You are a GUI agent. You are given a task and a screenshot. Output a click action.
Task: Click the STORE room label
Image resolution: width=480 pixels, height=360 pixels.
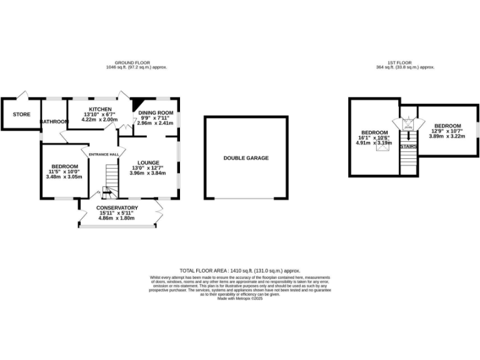point(22,114)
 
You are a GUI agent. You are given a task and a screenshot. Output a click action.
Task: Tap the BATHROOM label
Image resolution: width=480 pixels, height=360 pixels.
point(54,121)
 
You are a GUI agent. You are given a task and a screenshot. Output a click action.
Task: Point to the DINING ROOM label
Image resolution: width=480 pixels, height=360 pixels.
point(156,112)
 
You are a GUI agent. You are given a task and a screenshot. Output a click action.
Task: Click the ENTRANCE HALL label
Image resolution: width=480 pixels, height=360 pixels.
point(104,154)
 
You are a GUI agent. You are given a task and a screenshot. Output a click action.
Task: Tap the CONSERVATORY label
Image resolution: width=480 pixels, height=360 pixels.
point(117,207)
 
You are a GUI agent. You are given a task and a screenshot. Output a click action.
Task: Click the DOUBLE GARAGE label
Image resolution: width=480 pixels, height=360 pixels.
point(246,158)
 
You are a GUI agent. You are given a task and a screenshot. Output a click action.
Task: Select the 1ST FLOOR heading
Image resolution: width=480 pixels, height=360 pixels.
point(402,62)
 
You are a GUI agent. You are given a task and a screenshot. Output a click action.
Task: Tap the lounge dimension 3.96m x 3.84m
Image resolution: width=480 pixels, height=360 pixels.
point(148,173)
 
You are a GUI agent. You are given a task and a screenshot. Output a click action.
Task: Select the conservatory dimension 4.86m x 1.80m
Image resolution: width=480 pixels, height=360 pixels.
point(117,218)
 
